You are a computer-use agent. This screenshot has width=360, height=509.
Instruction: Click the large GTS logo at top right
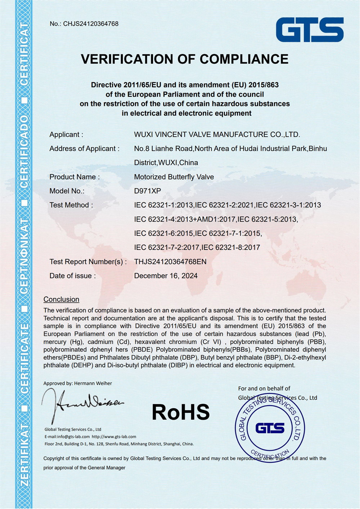point(310,30)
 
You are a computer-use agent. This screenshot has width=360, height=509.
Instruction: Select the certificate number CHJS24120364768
point(91,24)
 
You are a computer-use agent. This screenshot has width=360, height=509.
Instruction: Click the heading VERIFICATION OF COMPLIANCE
point(185,59)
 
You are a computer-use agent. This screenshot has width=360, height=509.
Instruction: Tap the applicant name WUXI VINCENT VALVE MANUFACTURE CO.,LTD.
point(217,134)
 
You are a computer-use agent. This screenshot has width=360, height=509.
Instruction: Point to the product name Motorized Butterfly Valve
point(174,177)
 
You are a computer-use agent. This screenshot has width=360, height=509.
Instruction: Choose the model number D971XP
point(148,191)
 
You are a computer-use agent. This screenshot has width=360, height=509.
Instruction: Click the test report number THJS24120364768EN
point(170,262)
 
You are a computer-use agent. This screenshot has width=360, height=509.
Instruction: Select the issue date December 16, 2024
point(166,276)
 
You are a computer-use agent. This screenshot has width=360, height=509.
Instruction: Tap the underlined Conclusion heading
point(61,299)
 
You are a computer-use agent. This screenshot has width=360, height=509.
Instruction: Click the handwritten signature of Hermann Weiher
point(83,403)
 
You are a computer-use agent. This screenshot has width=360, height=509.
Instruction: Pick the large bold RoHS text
point(181,412)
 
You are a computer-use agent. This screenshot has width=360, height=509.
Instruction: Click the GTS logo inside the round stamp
point(270,428)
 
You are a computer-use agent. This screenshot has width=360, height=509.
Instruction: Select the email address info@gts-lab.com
point(73,437)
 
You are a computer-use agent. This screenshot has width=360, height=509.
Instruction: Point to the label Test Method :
point(71,205)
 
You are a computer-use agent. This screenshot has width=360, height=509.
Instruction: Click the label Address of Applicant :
point(84,148)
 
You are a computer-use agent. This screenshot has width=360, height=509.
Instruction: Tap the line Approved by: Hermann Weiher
point(77,383)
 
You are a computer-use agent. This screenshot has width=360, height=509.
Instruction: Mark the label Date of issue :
point(73,276)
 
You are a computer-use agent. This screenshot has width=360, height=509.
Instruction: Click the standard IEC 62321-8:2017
point(231,247)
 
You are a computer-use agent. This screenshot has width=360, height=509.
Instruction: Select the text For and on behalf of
point(264,388)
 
